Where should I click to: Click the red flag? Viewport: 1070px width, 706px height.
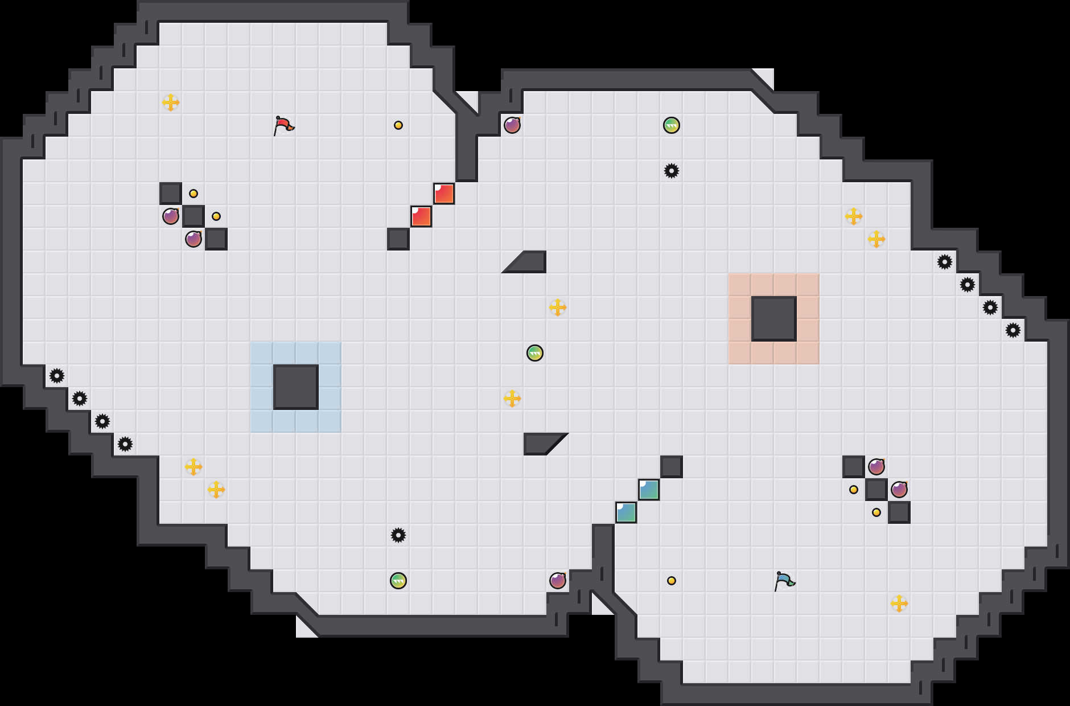(283, 125)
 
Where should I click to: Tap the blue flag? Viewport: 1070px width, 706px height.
(784, 581)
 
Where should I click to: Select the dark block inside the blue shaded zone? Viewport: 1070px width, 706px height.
(296, 387)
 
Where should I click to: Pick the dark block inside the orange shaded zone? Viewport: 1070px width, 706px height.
(774, 319)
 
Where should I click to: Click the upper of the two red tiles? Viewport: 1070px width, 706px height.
(444, 194)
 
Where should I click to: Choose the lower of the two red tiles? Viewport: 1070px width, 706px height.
(421, 216)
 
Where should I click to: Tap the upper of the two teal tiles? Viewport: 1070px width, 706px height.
(649, 490)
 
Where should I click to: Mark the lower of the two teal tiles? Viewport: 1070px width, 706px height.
(626, 512)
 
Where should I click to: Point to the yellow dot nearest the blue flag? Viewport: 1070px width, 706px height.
(672, 581)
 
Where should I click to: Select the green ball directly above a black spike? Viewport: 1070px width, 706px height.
(672, 125)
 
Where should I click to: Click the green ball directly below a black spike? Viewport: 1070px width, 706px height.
(398, 581)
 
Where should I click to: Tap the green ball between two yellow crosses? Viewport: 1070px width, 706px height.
(535, 353)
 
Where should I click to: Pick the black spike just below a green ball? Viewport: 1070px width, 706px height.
(672, 171)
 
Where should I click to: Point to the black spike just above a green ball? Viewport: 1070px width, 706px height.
(398, 535)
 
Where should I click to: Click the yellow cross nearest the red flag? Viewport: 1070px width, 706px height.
(171, 102)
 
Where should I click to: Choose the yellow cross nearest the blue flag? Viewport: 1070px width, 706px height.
(899, 604)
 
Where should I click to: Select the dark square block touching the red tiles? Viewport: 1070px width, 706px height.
(398, 239)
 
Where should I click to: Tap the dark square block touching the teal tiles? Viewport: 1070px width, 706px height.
(672, 467)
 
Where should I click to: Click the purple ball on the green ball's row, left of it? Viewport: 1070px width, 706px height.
(512, 125)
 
